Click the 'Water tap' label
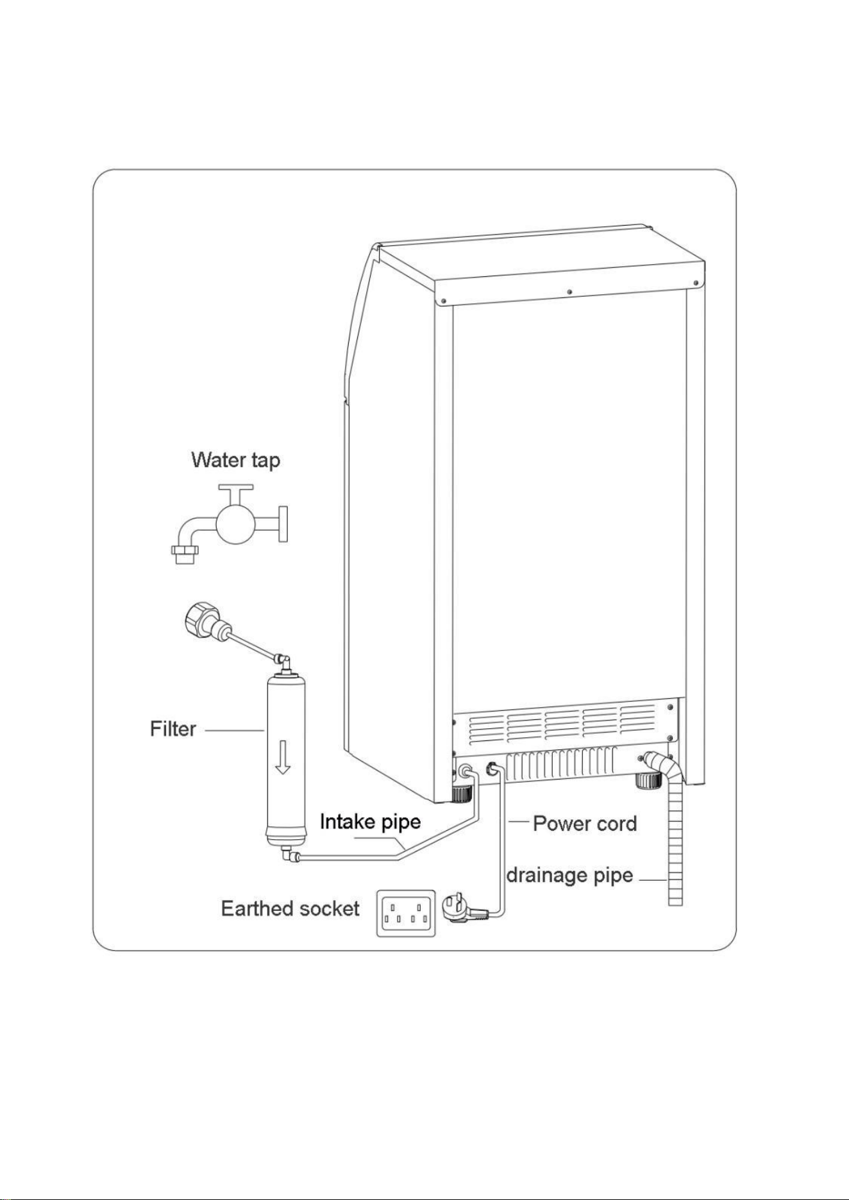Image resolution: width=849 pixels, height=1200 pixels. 235,460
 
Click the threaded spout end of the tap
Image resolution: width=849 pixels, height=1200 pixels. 185,553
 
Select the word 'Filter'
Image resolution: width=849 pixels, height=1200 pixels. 172,729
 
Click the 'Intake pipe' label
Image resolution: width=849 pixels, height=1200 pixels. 370,822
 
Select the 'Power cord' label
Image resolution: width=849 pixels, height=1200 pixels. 585,823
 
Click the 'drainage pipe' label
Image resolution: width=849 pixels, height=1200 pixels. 569,876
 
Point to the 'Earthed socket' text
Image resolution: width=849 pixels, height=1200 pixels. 290,908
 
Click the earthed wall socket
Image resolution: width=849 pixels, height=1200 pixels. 405,913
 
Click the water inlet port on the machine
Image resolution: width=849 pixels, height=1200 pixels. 465,771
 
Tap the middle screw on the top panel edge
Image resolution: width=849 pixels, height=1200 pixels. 569,292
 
